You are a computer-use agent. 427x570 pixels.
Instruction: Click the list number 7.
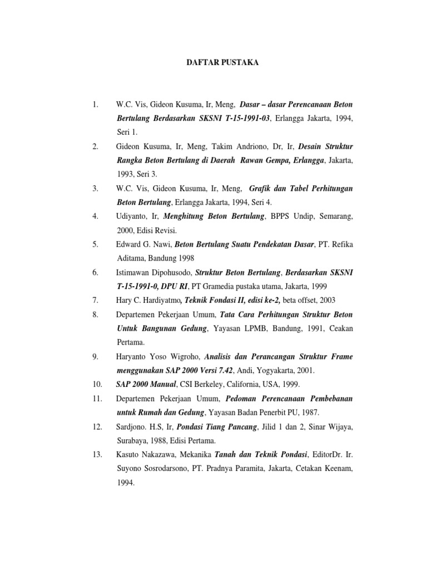[x=96, y=299]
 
